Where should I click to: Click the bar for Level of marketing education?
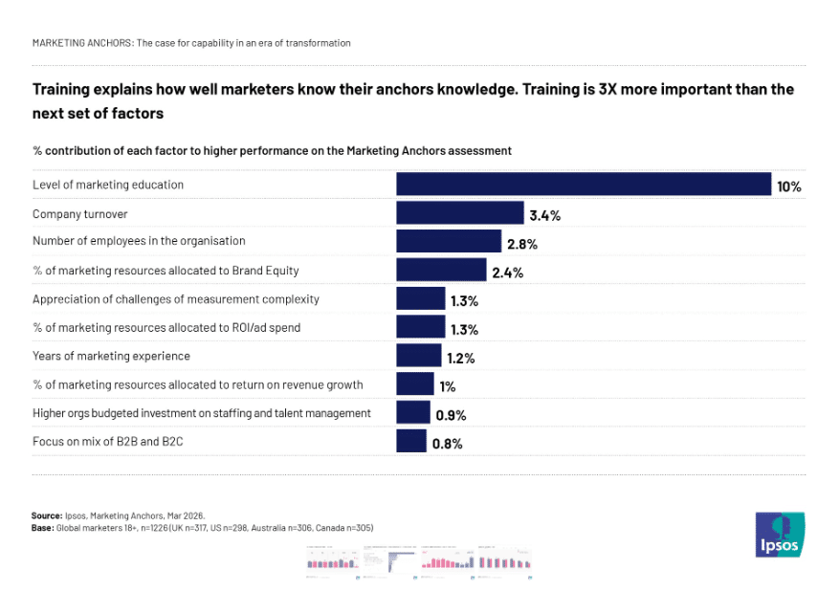[x=584, y=184]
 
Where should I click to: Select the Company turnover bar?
[x=459, y=212]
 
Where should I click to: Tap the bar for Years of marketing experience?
[x=419, y=356]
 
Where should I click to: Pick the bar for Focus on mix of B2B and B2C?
[x=411, y=441]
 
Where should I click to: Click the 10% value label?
[x=788, y=186]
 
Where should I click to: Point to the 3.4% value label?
[x=544, y=215]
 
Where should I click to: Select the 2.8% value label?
[x=521, y=244]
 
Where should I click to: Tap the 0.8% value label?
[x=448, y=444]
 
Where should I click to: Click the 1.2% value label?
[x=460, y=359]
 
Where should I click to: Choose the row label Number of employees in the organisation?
[x=139, y=241]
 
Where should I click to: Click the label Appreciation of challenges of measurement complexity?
[x=176, y=298]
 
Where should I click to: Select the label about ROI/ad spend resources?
[x=166, y=327]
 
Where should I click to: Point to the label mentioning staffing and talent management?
[x=202, y=413]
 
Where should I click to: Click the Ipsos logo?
[x=780, y=535]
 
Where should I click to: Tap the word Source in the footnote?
[x=47, y=515]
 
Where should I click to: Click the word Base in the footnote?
[x=42, y=528]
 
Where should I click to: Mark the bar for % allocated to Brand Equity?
[x=441, y=270]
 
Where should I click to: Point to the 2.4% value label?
[x=507, y=273]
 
